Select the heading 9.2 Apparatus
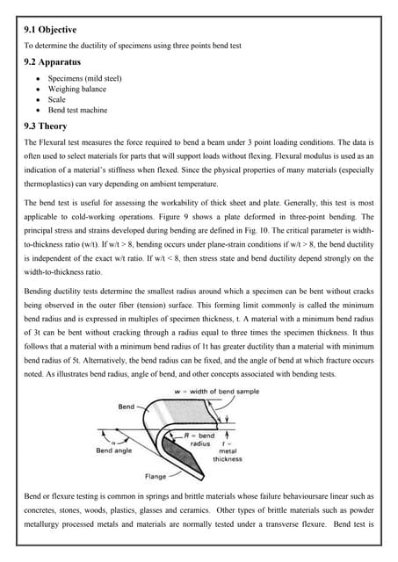[58, 63]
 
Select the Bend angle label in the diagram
[113, 450]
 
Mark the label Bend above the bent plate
[128, 406]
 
